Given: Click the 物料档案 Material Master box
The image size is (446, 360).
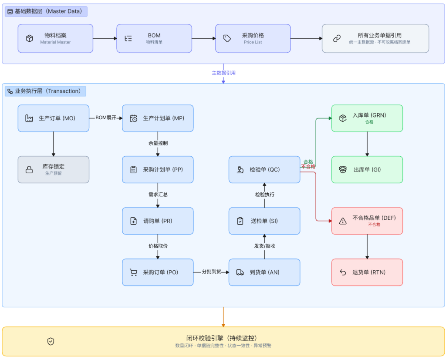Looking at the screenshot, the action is (x=55, y=38).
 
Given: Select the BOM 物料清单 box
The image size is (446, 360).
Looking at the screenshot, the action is (x=154, y=38).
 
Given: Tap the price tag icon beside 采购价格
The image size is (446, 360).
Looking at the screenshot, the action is (x=227, y=38).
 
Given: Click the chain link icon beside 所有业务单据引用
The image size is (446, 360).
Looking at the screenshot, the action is (x=337, y=38).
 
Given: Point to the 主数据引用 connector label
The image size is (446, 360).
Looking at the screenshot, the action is (x=223, y=73).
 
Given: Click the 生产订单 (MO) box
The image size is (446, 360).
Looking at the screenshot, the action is (x=54, y=118).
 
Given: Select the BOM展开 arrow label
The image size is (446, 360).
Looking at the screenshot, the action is (x=106, y=118).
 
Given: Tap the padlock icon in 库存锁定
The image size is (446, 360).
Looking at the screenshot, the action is (x=29, y=170).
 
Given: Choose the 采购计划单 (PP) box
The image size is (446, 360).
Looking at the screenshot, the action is (x=158, y=169).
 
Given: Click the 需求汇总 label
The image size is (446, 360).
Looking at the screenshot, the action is (x=158, y=195).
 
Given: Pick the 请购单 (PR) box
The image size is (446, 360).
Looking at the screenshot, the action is (x=158, y=221).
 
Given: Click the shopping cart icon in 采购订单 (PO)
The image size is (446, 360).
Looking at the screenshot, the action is (x=133, y=273).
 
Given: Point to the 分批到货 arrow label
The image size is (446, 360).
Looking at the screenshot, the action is (x=212, y=272).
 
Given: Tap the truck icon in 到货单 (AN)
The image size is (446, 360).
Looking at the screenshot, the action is (x=240, y=273).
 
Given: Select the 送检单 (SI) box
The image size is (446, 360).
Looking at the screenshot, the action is (x=264, y=221).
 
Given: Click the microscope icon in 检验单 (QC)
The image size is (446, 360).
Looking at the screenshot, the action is (x=240, y=170).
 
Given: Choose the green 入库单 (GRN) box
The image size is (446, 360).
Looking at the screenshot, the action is (x=367, y=118).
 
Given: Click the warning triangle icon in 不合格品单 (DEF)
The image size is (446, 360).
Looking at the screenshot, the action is (x=343, y=221).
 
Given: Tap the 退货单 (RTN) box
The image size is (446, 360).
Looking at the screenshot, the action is (x=367, y=273).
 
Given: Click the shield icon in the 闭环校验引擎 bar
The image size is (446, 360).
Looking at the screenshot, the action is (x=51, y=342).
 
